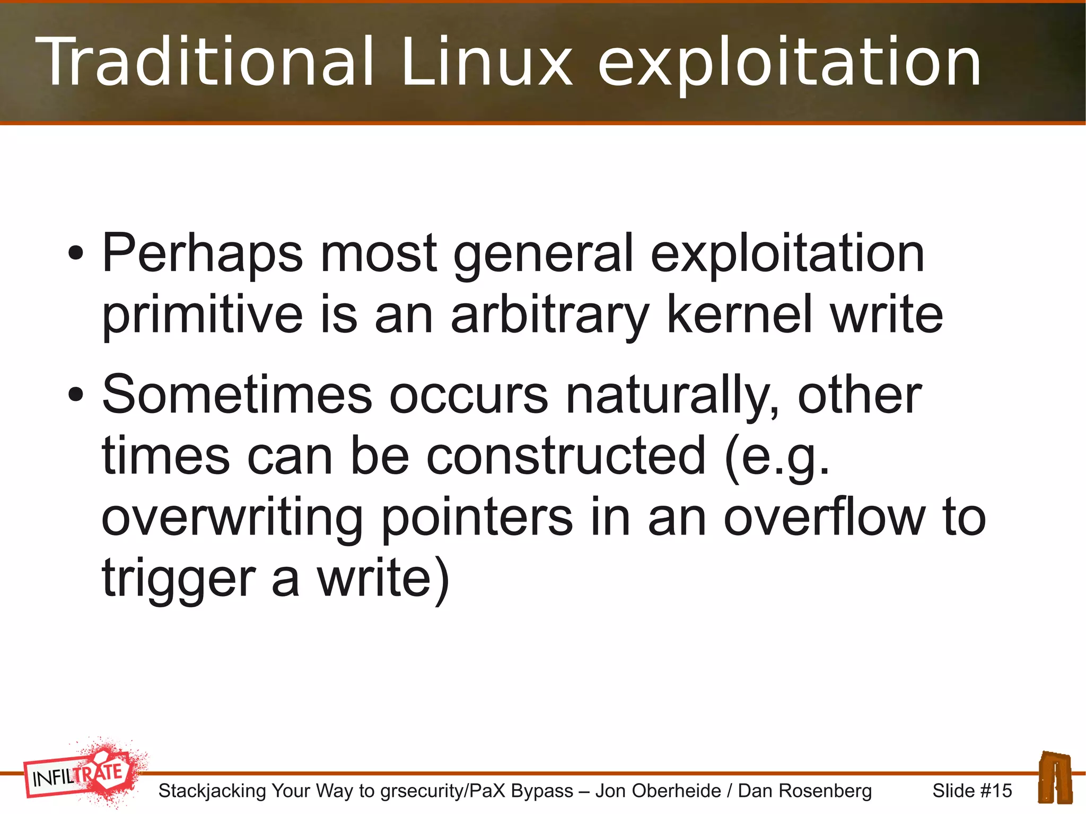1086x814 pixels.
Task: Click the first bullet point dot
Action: pyautogui.click(x=75, y=253)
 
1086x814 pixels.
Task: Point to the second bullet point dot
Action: pyautogui.click(x=75, y=395)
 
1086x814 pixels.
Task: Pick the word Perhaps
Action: pyautogui.click(x=202, y=255)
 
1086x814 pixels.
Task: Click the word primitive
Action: pyautogui.click(x=202, y=316)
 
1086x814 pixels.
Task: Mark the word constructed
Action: pyautogui.click(x=566, y=456)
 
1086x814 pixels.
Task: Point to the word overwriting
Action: pyautogui.click(x=232, y=519)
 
